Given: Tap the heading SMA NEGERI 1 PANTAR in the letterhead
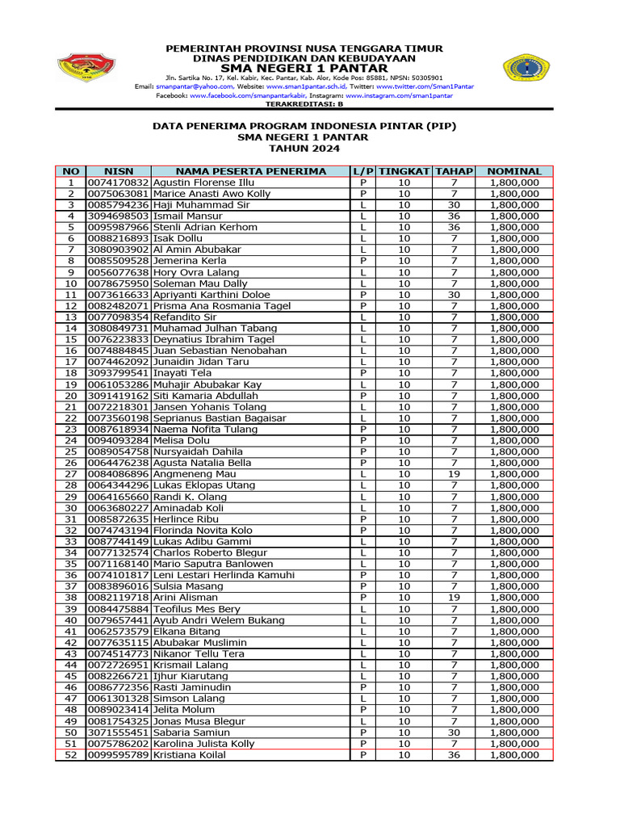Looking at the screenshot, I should click(305, 68).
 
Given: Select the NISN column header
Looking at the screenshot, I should click(118, 171).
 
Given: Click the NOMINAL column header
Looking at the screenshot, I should click(514, 171).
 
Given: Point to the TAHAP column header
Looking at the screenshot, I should click(454, 171).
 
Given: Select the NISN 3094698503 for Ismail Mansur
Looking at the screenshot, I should click(118, 216).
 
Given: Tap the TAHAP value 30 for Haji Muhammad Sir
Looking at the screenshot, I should click(454, 205).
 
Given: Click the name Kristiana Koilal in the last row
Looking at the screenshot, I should click(189, 755).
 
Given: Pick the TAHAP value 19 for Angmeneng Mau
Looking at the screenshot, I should click(454, 474).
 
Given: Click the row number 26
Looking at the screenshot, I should click(71, 463).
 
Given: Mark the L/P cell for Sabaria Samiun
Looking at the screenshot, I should click(363, 733).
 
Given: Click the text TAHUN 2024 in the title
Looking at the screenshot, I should click(305, 149).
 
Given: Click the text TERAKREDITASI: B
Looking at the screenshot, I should click(305, 104).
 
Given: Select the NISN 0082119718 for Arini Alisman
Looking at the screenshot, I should click(118, 598).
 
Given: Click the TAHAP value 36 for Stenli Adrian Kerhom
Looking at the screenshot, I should click(454, 228).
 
